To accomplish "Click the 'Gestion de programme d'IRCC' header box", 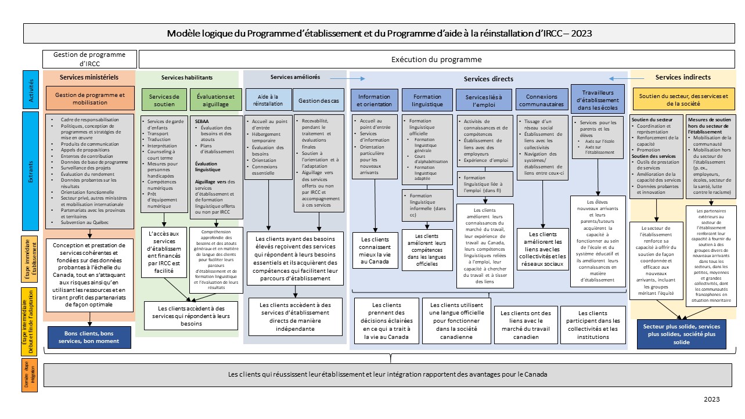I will point(89,59).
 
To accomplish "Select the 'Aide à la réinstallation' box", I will point(268,100).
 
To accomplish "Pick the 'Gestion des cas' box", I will point(319,100).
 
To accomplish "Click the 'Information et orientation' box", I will point(375,100).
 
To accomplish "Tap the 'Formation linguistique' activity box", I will point(427,100).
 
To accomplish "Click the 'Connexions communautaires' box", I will point(541,100).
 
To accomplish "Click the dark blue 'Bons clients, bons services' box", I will point(90,338).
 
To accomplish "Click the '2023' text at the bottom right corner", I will point(711,400).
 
